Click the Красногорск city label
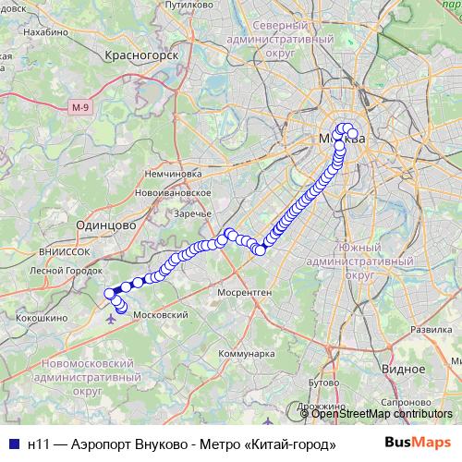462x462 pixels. [x=140, y=55]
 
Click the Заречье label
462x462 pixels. [x=192, y=213]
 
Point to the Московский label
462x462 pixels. [x=162, y=315]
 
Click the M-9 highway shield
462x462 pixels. [x=80, y=109]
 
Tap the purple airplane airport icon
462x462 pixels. [x=112, y=320]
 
